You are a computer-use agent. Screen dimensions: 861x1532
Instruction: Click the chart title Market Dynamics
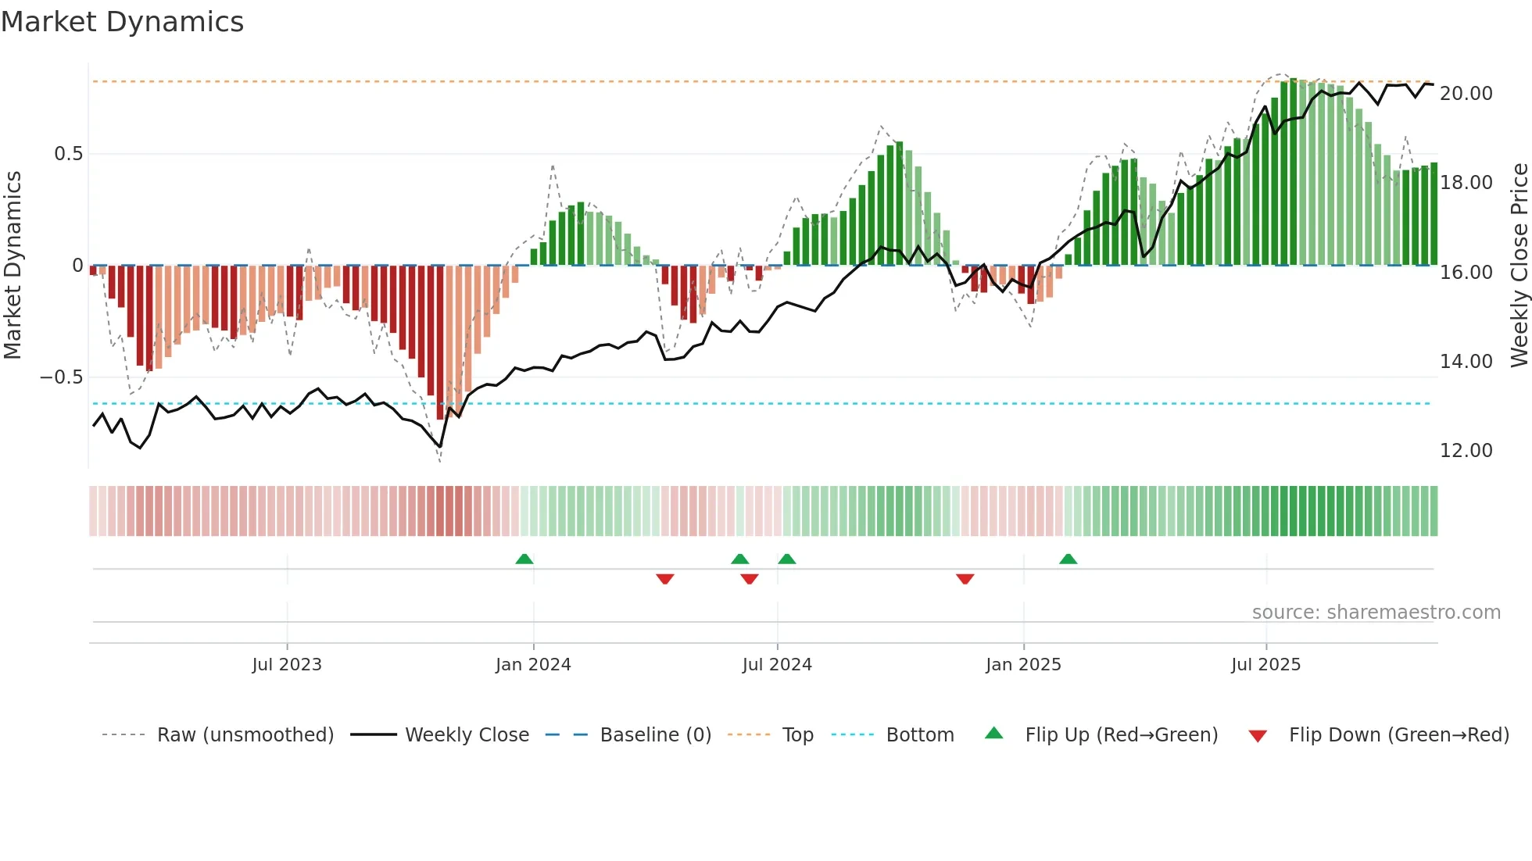(x=123, y=22)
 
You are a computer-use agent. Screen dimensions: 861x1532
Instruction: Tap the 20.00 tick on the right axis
(x=1466, y=94)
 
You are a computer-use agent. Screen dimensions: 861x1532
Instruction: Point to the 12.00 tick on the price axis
(x=1466, y=451)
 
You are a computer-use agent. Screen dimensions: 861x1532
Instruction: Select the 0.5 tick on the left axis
(x=68, y=154)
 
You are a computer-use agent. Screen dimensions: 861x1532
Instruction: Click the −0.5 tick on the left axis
(x=61, y=377)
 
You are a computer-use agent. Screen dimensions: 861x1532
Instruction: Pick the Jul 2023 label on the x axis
(x=286, y=665)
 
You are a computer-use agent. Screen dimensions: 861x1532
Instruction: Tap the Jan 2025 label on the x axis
(x=1022, y=665)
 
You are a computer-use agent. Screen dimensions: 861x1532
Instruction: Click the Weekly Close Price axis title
(x=1519, y=266)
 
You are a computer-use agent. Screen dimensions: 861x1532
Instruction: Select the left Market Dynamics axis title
(x=13, y=266)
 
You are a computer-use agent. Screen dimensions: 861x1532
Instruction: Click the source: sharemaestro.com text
(x=1376, y=613)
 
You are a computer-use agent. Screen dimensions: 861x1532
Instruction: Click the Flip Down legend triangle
(x=1257, y=736)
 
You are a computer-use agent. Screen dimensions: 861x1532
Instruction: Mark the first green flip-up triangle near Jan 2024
(x=524, y=559)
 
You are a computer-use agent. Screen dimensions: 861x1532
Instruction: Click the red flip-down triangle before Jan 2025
(x=965, y=579)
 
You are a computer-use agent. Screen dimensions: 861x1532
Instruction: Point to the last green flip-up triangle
(x=1068, y=559)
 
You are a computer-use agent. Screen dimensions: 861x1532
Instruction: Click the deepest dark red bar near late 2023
(x=440, y=344)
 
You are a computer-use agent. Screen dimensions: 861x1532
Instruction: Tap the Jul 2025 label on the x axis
(x=1265, y=665)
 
